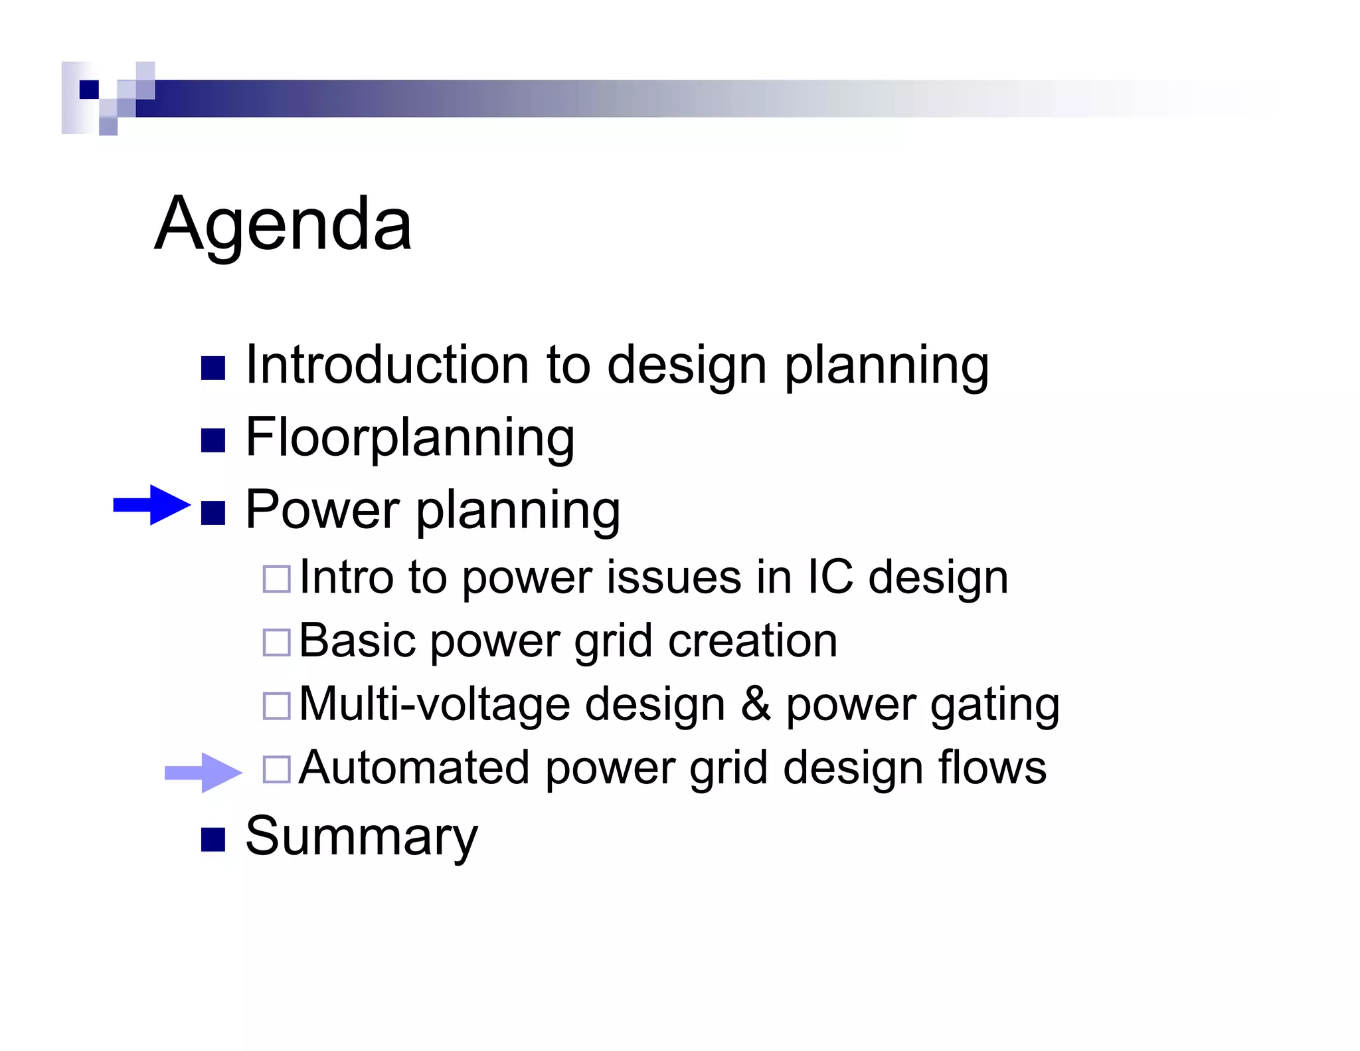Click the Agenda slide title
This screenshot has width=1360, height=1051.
(283, 225)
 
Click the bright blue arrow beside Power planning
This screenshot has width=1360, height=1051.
(151, 505)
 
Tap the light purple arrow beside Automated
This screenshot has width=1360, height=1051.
(203, 772)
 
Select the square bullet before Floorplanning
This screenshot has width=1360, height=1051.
(213, 440)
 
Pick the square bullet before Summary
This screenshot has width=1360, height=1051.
(213, 839)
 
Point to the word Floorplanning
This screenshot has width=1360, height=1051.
(410, 438)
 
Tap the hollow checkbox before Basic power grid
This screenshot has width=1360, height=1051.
(276, 642)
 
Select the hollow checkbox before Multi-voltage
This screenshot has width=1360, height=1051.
(276, 706)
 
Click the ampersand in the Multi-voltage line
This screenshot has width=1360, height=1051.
(756, 704)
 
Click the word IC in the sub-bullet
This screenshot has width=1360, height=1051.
(829, 577)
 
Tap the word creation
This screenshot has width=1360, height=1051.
(752, 641)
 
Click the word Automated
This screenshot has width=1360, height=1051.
(414, 768)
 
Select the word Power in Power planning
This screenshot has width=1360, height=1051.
(322, 510)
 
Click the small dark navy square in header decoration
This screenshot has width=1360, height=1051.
(89, 89)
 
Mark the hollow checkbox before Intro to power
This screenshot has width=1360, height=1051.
(276, 579)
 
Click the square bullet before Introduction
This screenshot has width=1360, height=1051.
(213, 368)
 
